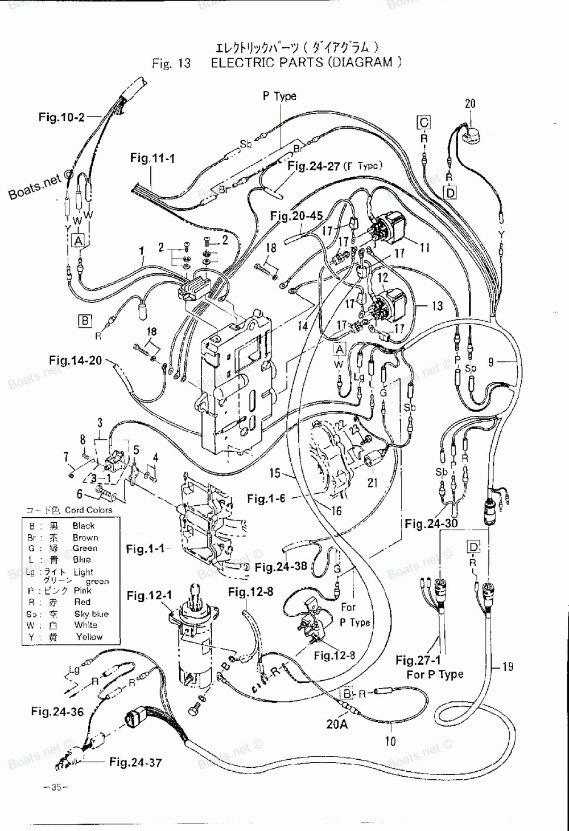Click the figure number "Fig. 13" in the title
[171, 63]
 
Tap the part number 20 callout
[470, 104]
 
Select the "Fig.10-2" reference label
[61, 117]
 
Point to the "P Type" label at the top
[279, 96]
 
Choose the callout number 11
[424, 247]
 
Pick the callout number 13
[437, 306]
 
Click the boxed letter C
[424, 122]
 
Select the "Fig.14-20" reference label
[75, 360]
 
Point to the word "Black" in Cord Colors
[84, 526]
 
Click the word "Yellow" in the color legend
[89, 637]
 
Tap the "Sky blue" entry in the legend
[91, 614]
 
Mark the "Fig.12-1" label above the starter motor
[149, 596]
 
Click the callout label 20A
[337, 724]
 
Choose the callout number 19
[508, 665]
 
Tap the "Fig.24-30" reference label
[431, 523]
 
